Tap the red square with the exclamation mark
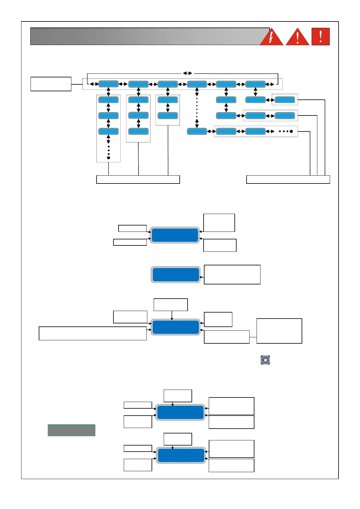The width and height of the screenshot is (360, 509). (x=320, y=37)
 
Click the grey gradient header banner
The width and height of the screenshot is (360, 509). (x=145, y=37)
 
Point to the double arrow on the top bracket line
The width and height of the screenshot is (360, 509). (x=188, y=73)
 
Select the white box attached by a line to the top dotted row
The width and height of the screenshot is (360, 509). (x=51, y=84)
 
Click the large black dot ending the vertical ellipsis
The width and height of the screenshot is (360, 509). (x=109, y=158)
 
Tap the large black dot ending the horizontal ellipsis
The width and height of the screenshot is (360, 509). (x=291, y=131)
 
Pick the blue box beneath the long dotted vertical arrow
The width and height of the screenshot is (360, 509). (x=197, y=131)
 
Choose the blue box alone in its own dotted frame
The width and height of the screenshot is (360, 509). (x=285, y=100)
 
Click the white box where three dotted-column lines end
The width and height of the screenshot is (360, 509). (x=138, y=180)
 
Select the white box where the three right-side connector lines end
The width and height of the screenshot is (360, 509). (x=288, y=180)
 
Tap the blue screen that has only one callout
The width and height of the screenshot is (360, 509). (x=175, y=274)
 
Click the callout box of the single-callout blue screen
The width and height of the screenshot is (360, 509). (x=232, y=274)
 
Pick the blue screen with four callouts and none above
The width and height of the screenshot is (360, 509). (x=175, y=235)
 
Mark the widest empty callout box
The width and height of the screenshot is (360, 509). (x=93, y=333)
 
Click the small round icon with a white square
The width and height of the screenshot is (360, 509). (x=265, y=360)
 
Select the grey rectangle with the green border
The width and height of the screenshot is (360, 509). (x=71, y=430)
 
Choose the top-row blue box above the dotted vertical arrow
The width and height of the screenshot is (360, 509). (x=197, y=84)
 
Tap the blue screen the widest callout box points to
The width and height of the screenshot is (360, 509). (x=175, y=327)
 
